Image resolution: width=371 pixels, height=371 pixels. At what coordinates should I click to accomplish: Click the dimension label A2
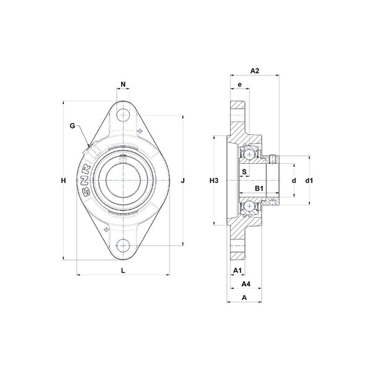tap(255, 70)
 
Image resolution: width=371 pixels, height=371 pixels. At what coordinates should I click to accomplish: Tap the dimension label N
tap(123, 84)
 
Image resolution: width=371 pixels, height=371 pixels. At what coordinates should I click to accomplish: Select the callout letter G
tap(72, 126)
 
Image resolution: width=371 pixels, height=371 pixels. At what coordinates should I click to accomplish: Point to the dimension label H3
tap(214, 181)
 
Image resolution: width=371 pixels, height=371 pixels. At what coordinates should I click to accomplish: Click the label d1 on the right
tap(309, 181)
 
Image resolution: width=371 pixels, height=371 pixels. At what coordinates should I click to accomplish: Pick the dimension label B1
tap(259, 189)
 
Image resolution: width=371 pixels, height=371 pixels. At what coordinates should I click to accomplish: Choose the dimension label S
tap(244, 171)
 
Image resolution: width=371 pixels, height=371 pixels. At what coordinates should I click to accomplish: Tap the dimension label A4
tap(246, 284)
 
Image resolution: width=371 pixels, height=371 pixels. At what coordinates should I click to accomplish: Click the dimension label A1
tap(237, 270)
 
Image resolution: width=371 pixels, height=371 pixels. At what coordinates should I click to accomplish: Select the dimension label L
tap(123, 270)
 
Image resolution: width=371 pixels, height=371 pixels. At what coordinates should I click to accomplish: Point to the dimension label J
tap(182, 181)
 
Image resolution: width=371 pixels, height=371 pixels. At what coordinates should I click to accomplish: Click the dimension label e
tap(240, 84)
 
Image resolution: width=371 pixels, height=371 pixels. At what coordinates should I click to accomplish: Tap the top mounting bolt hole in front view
tap(123, 115)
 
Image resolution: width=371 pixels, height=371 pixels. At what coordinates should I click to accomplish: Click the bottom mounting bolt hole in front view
tap(123, 246)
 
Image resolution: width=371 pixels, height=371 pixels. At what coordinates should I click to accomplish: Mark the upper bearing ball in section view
tap(249, 155)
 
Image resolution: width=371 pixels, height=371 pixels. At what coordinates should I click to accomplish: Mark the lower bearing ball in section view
tap(249, 206)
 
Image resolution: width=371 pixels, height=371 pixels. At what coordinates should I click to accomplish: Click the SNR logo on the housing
tap(87, 181)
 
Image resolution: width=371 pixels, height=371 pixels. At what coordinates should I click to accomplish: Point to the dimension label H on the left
tap(64, 181)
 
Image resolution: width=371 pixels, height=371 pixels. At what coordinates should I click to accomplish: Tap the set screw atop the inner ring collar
tap(273, 160)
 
